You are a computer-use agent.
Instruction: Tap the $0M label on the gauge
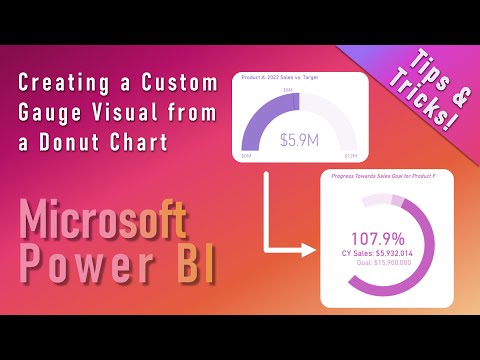point(247,157)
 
